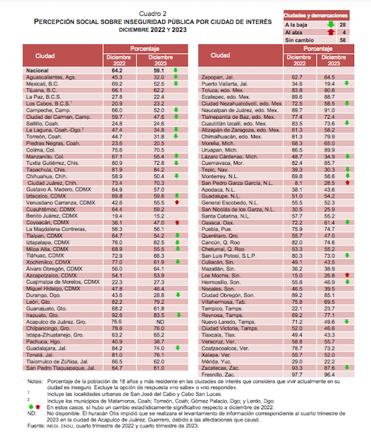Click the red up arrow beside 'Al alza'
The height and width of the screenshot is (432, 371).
331,32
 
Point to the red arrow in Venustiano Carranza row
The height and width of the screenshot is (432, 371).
175,202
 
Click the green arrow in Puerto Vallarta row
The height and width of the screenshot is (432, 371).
347,84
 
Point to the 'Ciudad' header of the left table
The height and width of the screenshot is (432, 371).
46,56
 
